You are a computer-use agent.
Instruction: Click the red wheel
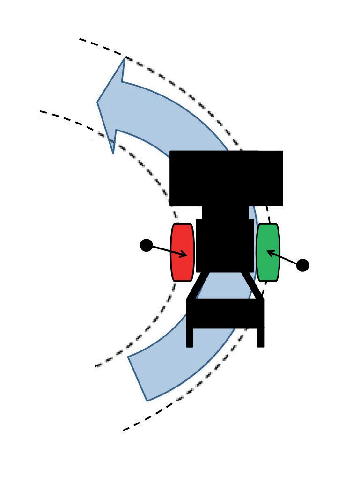182,252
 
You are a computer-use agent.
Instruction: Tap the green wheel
268,252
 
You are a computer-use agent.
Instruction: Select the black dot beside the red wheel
146,245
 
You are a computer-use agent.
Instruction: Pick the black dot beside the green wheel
303,265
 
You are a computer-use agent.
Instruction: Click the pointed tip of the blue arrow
98,102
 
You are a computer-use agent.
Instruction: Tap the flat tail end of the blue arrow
138,379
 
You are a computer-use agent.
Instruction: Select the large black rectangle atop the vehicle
226,178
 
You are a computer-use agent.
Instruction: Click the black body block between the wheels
225,245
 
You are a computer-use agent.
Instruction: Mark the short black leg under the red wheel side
190,337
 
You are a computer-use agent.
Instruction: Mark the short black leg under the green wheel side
261,337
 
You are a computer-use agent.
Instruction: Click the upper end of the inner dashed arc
41,111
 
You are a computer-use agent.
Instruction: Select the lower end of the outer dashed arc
124,430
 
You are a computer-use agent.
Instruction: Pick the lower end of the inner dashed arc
96,366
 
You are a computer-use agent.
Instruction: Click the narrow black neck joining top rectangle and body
225,212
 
